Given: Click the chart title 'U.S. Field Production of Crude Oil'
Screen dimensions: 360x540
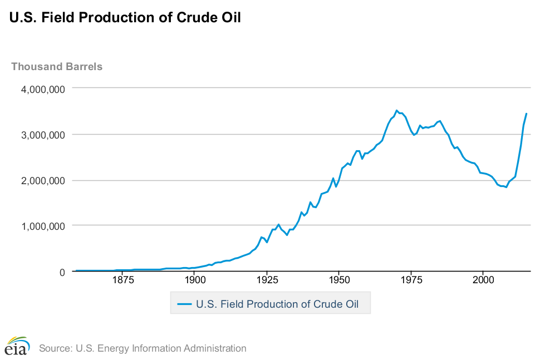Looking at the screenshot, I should [125, 17].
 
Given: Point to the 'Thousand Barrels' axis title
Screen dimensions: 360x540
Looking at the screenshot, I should [57, 67].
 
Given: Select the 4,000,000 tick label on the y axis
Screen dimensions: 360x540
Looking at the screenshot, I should [39, 89].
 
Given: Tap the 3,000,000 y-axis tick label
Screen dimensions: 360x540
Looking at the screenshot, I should [39, 135].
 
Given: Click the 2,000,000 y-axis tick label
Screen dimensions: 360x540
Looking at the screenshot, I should [39, 180].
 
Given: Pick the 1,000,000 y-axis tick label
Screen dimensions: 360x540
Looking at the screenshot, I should [39, 226].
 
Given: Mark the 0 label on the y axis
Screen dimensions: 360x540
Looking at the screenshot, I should [62, 272].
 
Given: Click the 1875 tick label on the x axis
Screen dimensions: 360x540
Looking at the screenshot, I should [122, 282].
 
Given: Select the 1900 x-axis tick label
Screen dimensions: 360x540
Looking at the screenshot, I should [194, 282].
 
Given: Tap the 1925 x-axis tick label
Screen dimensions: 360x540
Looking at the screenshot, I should [267, 282].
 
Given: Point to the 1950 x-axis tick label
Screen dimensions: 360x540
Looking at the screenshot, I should [338, 282].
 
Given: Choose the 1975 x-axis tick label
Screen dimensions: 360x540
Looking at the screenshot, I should [411, 282].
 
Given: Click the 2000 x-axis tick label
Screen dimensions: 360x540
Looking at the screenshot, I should [483, 282].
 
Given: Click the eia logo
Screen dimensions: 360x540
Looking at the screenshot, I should [17, 346].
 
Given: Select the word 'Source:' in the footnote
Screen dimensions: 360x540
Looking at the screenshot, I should [55, 349].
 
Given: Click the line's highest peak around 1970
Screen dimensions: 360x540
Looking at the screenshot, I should [396, 110].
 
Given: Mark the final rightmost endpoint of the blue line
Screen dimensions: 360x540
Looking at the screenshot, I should [526, 114].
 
